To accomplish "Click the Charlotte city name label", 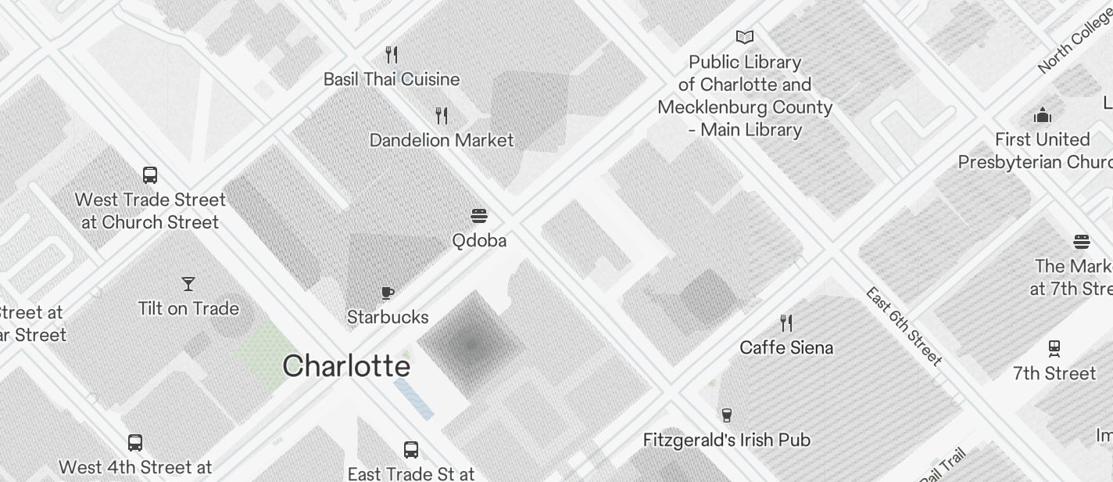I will [x=345, y=366].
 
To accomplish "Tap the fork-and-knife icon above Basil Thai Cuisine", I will [x=392, y=55].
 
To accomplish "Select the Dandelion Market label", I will [x=442, y=140].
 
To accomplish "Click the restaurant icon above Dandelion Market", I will [x=442, y=116].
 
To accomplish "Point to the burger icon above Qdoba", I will [x=479, y=216].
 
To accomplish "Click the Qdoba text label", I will [x=479, y=240].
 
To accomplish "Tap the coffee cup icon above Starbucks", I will [x=387, y=293].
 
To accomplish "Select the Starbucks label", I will [x=388, y=317].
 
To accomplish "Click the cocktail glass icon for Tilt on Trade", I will [x=188, y=284].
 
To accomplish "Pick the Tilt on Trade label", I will [x=188, y=308].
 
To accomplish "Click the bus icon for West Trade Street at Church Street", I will [x=150, y=175].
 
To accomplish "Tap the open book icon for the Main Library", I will [x=745, y=37].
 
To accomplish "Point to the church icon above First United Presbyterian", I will [x=1043, y=116].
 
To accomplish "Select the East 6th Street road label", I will [x=904, y=326].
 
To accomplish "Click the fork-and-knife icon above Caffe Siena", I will [x=786, y=322].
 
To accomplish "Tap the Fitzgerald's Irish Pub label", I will [x=726, y=440].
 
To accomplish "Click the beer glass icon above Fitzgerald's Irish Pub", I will [x=727, y=415].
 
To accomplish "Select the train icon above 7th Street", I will [x=1054, y=348].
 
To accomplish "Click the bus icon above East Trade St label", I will [x=411, y=450].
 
